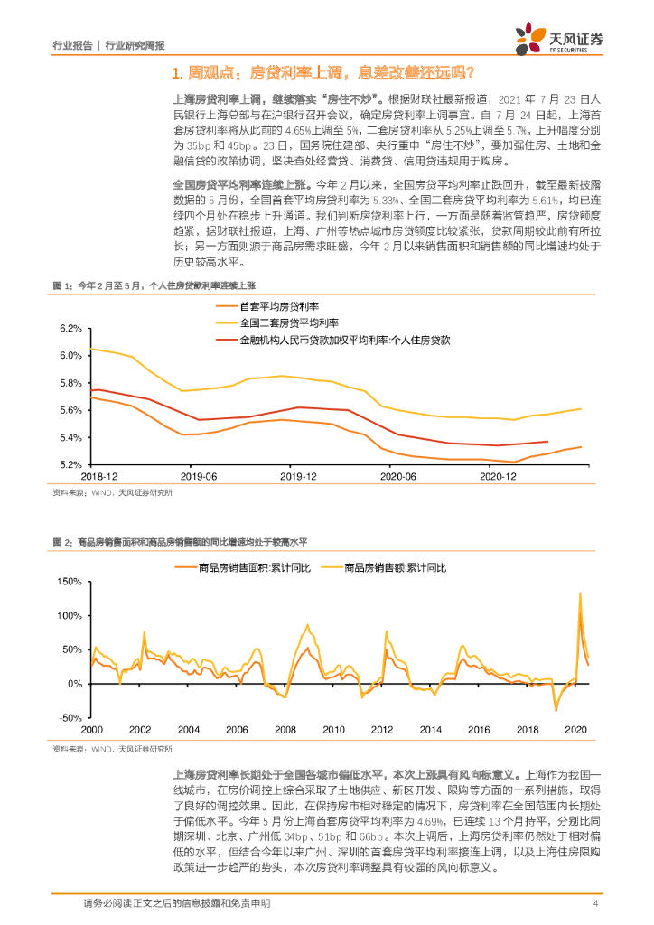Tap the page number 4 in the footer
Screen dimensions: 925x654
pos(595,904)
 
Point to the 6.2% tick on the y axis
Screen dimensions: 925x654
pos(70,329)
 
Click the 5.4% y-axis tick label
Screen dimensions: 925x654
pos(70,438)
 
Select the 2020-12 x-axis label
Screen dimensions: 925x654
pos(496,475)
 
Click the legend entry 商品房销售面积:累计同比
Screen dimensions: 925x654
pos(254,567)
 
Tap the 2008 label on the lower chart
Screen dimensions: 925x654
pos(285,729)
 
